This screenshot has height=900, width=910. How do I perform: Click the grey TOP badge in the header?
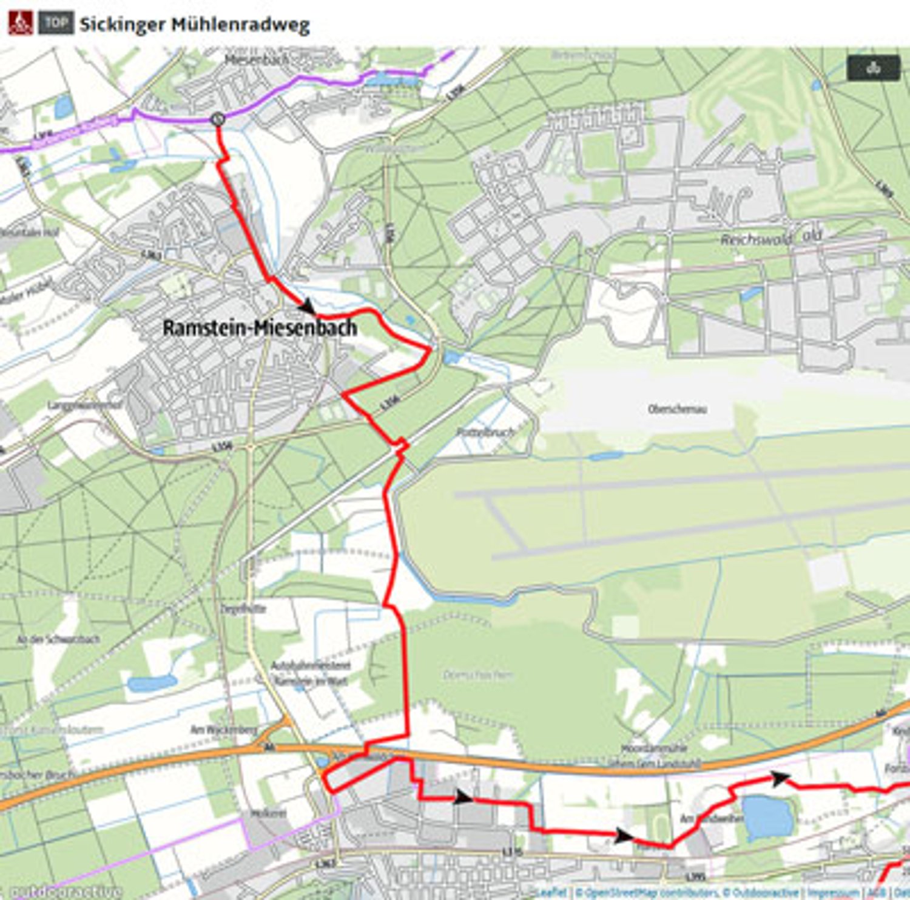coord(56,24)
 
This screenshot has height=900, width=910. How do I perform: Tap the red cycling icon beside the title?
coord(21,24)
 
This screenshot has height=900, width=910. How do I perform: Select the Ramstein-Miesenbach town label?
coord(260,328)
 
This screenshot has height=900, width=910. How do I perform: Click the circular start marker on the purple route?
coord(218,120)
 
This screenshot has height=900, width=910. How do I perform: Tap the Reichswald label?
coord(756,239)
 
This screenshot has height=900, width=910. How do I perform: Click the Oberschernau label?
coord(677,409)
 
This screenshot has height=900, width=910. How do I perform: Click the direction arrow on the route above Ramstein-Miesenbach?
coord(308,306)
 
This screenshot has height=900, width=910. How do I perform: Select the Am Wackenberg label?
coord(224,730)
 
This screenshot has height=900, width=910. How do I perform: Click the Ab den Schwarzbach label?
coord(58,639)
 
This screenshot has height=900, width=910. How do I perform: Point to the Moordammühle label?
coord(654,748)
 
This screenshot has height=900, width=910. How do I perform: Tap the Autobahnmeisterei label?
coord(310,666)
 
